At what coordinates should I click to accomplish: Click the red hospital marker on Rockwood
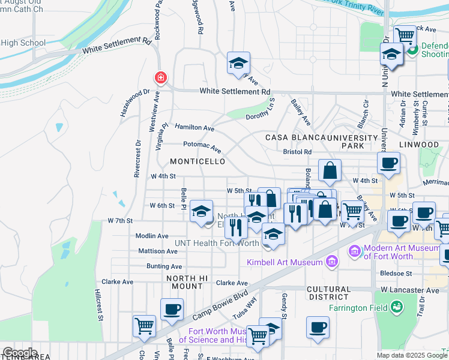coord(160,77)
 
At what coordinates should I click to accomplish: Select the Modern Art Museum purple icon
coord(354,250)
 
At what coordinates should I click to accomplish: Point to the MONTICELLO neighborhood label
coord(197,162)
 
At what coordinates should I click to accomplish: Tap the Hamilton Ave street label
coord(194,128)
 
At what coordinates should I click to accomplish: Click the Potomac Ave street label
coord(202,145)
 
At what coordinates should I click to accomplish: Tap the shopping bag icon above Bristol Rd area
coord(330,171)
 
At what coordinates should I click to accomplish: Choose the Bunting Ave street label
coord(164,266)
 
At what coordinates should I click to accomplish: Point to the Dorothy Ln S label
coord(260,108)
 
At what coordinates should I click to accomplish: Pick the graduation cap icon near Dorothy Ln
coord(238,63)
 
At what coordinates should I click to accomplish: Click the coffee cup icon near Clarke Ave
coord(172,310)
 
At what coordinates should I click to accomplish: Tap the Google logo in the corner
coord(19,353)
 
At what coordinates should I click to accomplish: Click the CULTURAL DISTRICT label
coord(328,293)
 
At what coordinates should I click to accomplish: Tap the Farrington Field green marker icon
coord(396,308)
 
